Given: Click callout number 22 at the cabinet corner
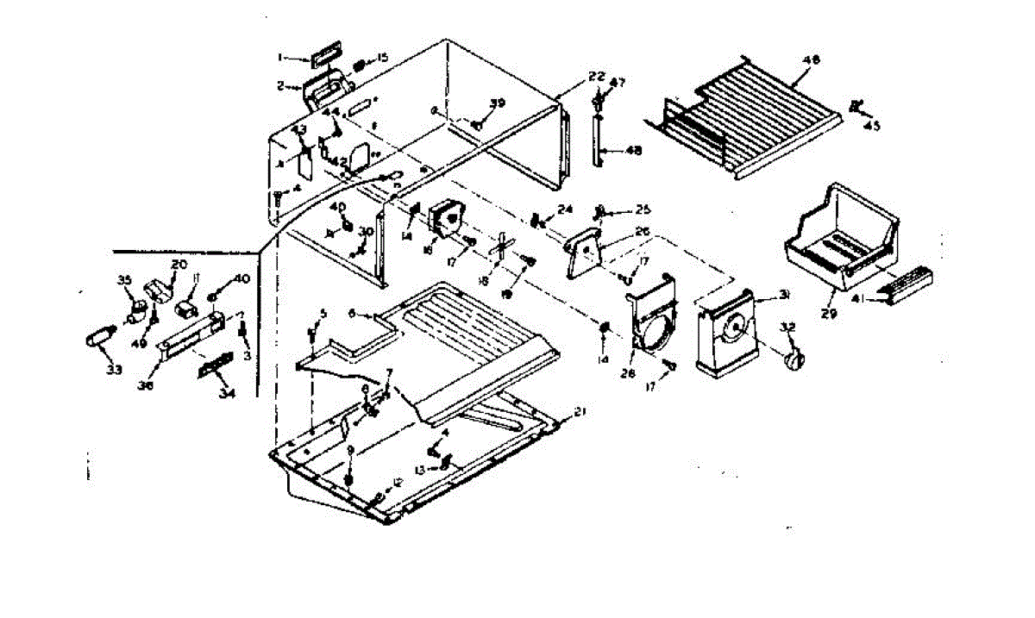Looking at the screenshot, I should pos(597,76).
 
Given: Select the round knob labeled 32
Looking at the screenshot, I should pos(792,359).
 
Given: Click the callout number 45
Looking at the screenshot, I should pos(873,125).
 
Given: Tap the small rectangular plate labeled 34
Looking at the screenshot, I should pos(216,367).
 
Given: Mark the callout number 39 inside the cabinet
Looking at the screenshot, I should pos(497,103).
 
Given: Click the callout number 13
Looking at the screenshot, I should pos(420,470).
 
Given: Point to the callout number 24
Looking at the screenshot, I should pos(565,209).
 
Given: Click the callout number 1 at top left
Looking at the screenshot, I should pos(280,58).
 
